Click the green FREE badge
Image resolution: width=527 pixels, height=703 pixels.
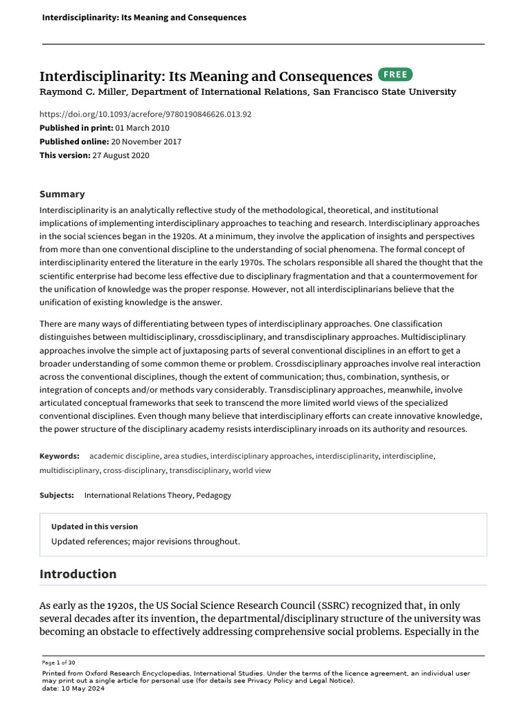tap(395, 75)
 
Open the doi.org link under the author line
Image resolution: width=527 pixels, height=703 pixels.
tap(145, 114)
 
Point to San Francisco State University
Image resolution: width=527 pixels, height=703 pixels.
tap(384, 92)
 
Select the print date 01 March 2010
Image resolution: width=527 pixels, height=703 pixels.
tap(142, 128)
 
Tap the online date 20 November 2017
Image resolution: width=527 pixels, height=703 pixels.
tap(151, 141)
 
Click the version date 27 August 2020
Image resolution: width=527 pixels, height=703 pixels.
tap(121, 155)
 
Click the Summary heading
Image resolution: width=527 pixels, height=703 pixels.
tap(62, 194)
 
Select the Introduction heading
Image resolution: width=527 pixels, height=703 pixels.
tap(78, 574)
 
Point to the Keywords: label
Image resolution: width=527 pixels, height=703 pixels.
tap(60, 455)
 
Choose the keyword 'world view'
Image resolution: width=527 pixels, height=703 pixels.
tap(252, 470)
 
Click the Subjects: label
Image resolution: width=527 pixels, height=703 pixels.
tap(57, 495)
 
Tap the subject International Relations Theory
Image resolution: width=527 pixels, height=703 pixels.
tap(139, 495)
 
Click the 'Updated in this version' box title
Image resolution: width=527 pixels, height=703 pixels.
tap(95, 527)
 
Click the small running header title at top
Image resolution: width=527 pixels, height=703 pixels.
tap(144, 17)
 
